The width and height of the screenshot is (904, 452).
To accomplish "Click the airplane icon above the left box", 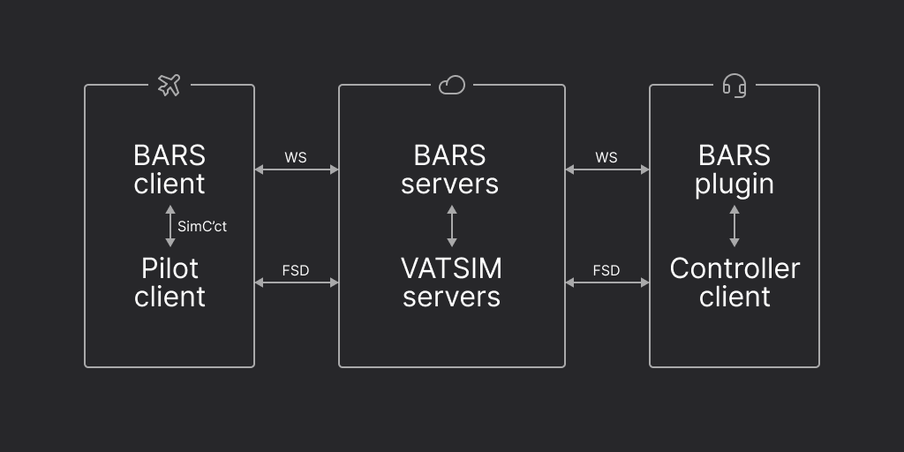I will coord(169,85).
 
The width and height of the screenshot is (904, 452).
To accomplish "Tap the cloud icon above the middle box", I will coord(451,85).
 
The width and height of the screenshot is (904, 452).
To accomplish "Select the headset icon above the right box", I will coord(734,85).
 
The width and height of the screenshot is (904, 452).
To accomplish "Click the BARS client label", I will coord(169,169).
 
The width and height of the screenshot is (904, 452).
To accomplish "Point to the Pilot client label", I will coord(169,282).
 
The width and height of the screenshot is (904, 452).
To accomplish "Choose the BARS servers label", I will coord(450,169).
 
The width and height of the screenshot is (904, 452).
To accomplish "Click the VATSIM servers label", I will coord(451,282).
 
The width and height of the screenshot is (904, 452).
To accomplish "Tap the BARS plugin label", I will coord(734,169).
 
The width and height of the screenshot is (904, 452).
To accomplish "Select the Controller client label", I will coord(734,282).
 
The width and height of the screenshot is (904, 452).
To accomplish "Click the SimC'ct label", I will coord(202,227).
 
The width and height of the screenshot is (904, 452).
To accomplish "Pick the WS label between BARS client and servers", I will coord(296,157).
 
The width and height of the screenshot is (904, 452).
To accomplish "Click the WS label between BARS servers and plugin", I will coord(606,157).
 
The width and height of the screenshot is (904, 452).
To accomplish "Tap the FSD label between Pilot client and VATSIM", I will coord(296,270).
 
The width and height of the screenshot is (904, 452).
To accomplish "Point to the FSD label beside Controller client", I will coord(606,270).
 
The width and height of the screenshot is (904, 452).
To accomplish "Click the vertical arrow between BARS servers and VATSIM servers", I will coord(452,226).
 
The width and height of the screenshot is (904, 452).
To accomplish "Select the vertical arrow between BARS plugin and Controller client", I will coord(734,226).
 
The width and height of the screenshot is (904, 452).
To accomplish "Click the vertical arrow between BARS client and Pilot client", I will coord(170,226).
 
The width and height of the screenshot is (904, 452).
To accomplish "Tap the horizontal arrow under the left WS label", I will coord(297,169).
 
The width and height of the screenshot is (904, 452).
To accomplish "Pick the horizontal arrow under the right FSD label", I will coord(607,282).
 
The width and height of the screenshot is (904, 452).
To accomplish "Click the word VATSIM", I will coord(451,268).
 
